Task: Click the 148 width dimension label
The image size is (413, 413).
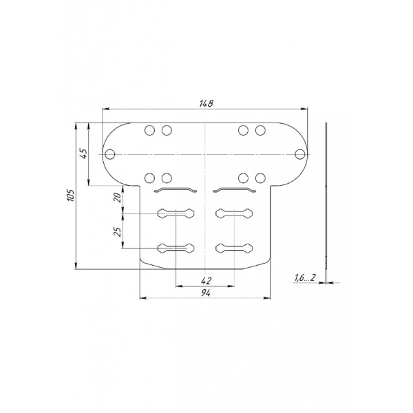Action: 206,103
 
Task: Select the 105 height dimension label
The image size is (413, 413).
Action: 71,195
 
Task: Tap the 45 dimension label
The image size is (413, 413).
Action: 83,153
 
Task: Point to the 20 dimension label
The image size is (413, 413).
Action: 118,198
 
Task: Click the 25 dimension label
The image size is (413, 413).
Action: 118,231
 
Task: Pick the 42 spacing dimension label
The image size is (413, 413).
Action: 206,281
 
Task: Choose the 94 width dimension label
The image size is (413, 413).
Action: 206,293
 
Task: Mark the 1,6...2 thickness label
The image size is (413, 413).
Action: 305,277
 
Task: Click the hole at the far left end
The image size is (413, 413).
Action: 110,154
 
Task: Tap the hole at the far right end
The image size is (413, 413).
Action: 299,154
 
